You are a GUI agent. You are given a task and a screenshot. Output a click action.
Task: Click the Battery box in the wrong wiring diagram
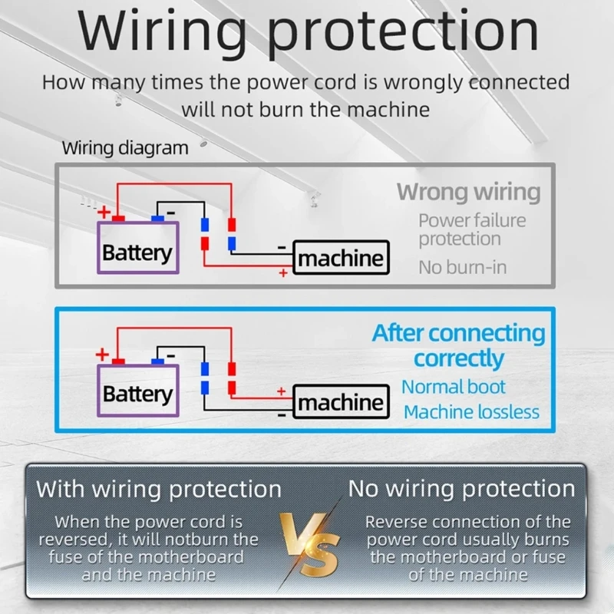pyautogui.click(x=137, y=248)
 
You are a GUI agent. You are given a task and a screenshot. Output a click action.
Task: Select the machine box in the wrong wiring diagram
pyautogui.click(x=341, y=258)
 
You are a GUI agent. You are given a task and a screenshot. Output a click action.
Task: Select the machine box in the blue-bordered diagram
pyautogui.click(x=341, y=401)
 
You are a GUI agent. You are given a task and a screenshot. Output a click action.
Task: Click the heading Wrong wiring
pyautogui.click(x=468, y=192)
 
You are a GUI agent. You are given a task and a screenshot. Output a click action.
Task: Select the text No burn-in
pyautogui.click(x=463, y=268)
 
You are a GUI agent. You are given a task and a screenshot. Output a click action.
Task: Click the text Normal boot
pyautogui.click(x=454, y=386)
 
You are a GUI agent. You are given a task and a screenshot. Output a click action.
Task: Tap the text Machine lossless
pyautogui.click(x=471, y=412)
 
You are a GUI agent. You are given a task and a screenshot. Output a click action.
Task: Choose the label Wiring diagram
pyautogui.click(x=125, y=148)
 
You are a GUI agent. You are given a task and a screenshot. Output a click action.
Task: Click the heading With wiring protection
pyautogui.click(x=159, y=489)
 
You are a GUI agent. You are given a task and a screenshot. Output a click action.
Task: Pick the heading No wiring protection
pyautogui.click(x=461, y=489)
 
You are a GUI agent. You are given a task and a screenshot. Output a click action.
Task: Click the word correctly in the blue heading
pyautogui.click(x=458, y=358)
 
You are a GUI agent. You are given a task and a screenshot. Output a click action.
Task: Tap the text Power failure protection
pyautogui.click(x=472, y=229)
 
